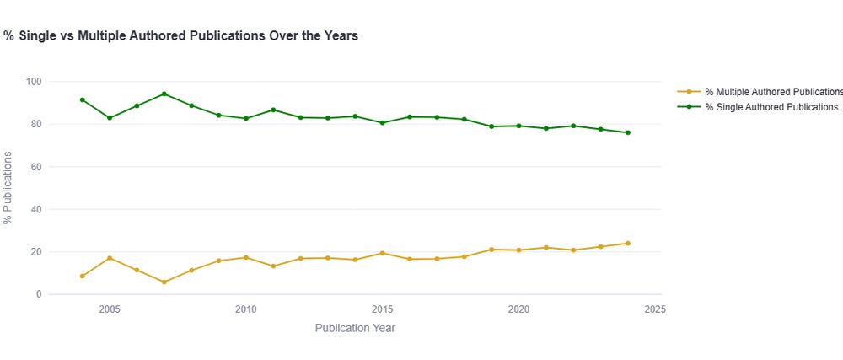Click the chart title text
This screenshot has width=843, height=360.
[x=181, y=36]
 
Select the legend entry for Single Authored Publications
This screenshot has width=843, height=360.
[x=771, y=107]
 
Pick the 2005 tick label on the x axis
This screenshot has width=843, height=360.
[x=109, y=309]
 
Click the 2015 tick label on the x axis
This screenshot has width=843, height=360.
[x=383, y=309]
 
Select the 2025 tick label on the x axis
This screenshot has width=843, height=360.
[x=656, y=309]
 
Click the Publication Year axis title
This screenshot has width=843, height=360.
[x=355, y=328]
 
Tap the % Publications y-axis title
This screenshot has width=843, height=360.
[x=8, y=188]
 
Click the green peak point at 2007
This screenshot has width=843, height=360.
[x=164, y=94]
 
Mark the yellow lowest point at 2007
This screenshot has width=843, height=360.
[x=164, y=282]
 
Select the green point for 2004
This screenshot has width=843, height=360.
[x=82, y=99]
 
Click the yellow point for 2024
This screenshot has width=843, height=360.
[x=628, y=244]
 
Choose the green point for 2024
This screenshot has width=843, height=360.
[x=628, y=132]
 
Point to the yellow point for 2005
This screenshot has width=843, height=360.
[x=109, y=258]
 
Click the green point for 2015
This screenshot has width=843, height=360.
[x=383, y=123]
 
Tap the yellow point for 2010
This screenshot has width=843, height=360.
[x=246, y=257]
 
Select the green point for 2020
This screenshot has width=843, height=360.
[x=518, y=126]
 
